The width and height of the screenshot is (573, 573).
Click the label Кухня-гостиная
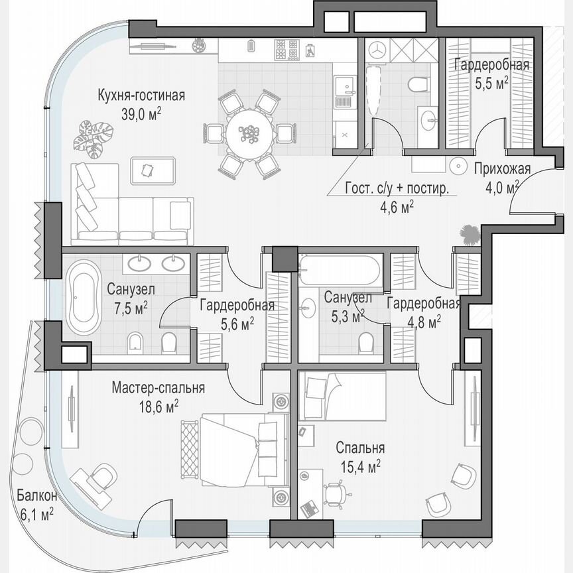(x=140, y=95)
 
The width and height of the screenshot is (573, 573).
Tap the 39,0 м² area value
(x=141, y=113)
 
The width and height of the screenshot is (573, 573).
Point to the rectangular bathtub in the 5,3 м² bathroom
(x=340, y=270)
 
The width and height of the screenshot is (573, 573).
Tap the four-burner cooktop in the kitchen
(x=286, y=48)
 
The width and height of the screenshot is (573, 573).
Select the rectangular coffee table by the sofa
(x=154, y=171)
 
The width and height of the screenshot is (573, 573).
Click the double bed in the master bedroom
(x=235, y=446)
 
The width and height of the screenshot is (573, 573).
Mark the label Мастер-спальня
(x=158, y=387)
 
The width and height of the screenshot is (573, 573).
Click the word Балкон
(x=37, y=496)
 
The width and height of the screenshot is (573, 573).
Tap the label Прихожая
(x=502, y=168)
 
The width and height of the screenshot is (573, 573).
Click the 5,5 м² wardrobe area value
(x=491, y=82)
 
